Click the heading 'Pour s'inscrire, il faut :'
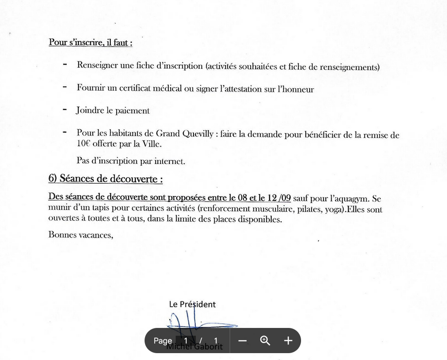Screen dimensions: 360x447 [x=91, y=43]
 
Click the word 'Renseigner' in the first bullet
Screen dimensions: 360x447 [x=95, y=65]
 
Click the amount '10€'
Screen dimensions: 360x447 [x=84, y=143]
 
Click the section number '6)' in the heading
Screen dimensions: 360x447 [x=53, y=179]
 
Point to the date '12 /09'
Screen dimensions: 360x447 [x=279, y=199]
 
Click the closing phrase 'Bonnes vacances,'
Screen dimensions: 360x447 [x=81, y=235]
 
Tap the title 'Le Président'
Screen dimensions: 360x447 [x=192, y=304]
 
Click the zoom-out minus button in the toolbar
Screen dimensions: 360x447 [x=242, y=341]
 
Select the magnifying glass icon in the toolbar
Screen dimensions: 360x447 [x=265, y=341]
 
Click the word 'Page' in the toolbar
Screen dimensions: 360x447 [x=162, y=341]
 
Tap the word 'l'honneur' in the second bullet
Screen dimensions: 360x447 [x=296, y=89]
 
